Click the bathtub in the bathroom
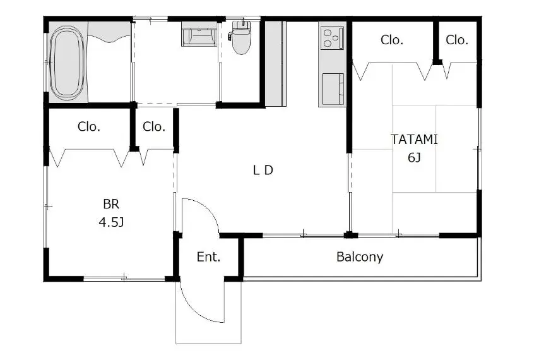pyautogui.click(x=67, y=63)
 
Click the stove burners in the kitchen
pyautogui.click(x=333, y=38)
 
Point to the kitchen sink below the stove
pyautogui.click(x=333, y=88)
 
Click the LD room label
pyautogui.click(x=263, y=170)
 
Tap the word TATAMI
pyautogui.click(x=414, y=140)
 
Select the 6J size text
pyautogui.click(x=414, y=157)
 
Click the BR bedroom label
pyautogui.click(x=111, y=204)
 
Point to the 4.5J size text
pyautogui.click(x=111, y=222)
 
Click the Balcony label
pyautogui.click(x=360, y=257)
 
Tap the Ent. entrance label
pyautogui.click(x=208, y=257)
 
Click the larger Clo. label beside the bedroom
pyautogui.click(x=89, y=126)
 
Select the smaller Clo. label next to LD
pyautogui.click(x=153, y=126)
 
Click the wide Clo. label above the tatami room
pyautogui.click(x=391, y=40)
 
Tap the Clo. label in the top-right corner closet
pyautogui.click(x=457, y=40)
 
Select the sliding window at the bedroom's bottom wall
pyautogui.click(x=124, y=278)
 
